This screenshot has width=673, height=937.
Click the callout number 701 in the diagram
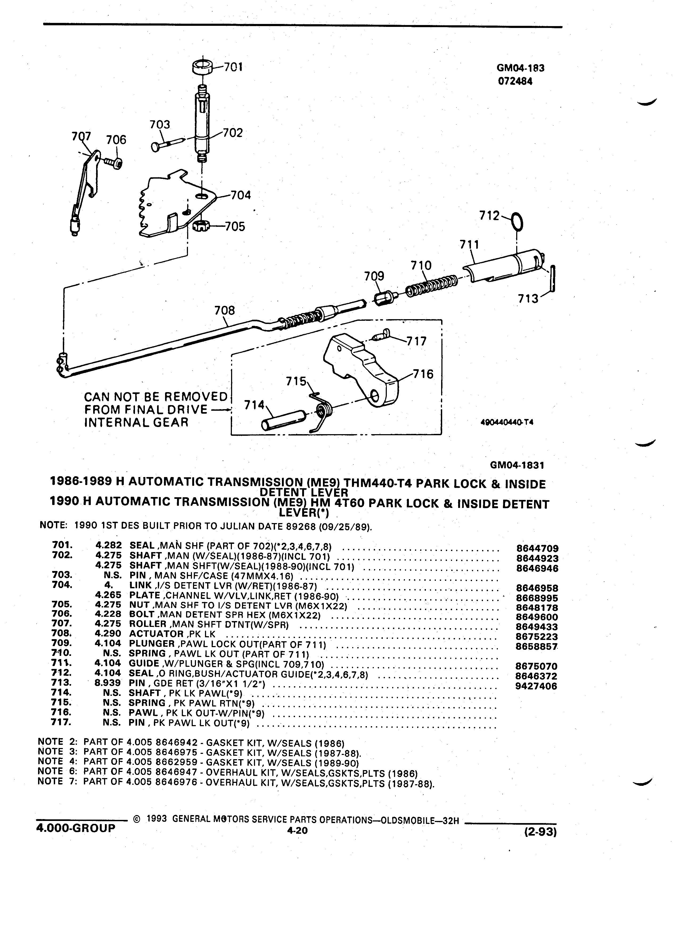pos(233,67)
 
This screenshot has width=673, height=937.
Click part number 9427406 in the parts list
pos(537,686)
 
